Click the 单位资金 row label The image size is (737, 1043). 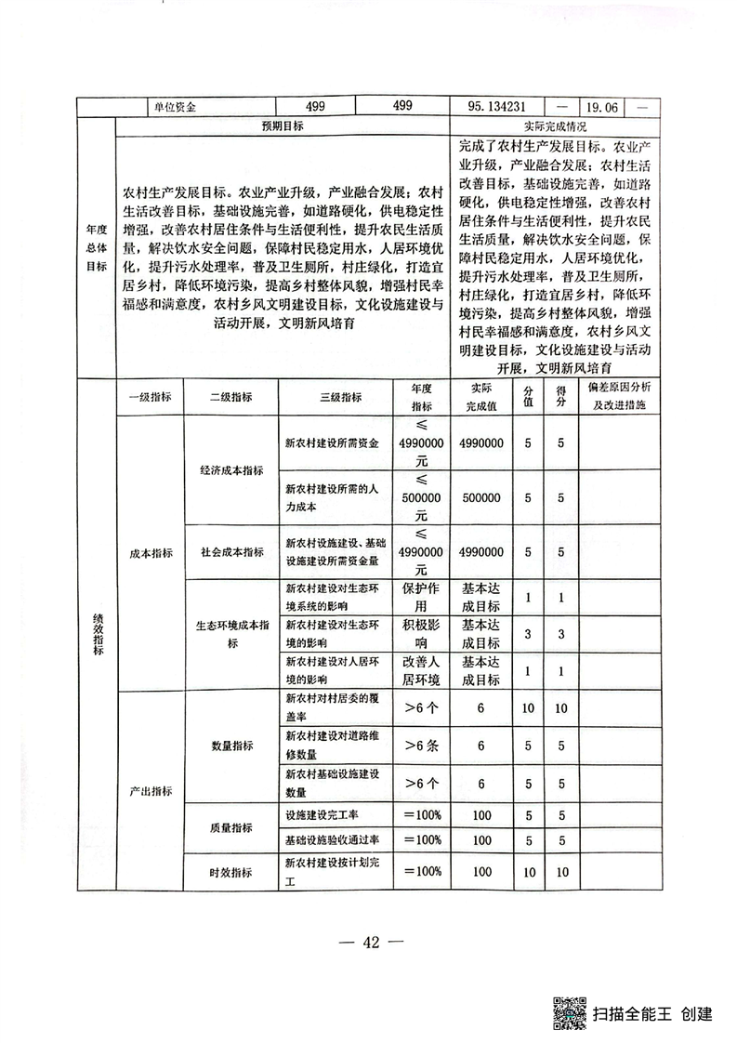pos(176,106)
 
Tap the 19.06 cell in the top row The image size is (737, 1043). pos(599,106)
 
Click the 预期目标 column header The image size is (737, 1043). pos(283,125)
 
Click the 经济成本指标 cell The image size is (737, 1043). pos(232,470)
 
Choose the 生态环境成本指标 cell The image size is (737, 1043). pos(232,633)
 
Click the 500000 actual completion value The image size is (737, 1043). pos(481,497)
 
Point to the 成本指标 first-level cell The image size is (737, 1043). pos(151,553)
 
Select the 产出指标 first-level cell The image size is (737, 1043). pos(151,790)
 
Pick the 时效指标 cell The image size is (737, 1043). pos(232,872)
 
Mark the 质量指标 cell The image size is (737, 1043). pos(232,827)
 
